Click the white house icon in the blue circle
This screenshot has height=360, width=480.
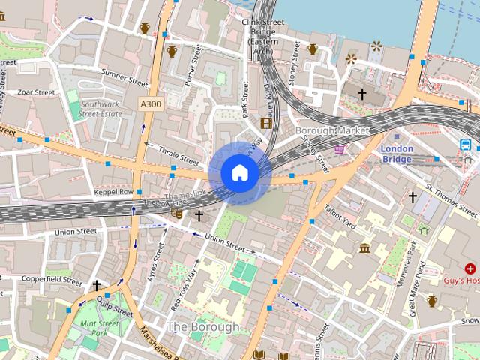(239, 172)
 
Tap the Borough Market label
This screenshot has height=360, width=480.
(333, 130)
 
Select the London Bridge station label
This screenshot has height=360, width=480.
(397, 154)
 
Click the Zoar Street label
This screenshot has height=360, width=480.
(37, 92)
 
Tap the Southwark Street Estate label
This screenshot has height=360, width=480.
(100, 109)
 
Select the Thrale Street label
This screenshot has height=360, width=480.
(178, 155)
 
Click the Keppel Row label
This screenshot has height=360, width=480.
(115, 192)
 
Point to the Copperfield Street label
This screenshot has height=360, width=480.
(52, 280)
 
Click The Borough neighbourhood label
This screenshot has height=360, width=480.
(202, 327)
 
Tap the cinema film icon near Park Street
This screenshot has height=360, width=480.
(265, 122)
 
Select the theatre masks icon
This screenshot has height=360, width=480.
(178, 214)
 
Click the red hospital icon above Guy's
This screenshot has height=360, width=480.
(470, 268)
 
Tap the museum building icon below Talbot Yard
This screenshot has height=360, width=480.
(364, 248)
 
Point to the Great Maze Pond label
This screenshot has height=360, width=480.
(415, 286)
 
